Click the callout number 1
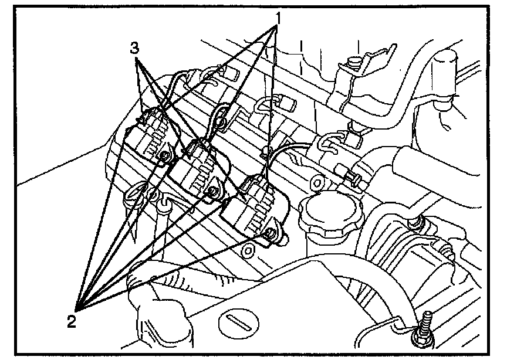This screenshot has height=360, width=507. (x=279, y=18)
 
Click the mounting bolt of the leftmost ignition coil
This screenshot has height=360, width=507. (x=166, y=155)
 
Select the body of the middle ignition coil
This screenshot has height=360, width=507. (x=194, y=173)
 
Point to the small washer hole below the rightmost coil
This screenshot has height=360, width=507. (x=248, y=251)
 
